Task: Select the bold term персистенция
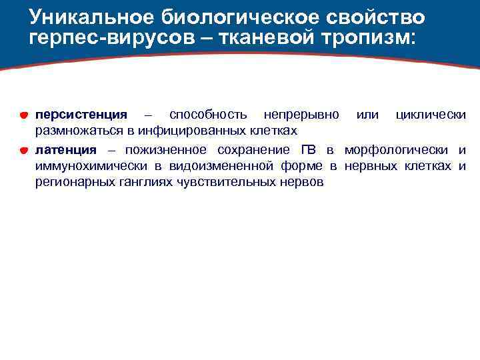click(x=81, y=115)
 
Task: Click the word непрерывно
click(x=301, y=115)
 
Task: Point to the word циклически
click(x=431, y=115)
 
